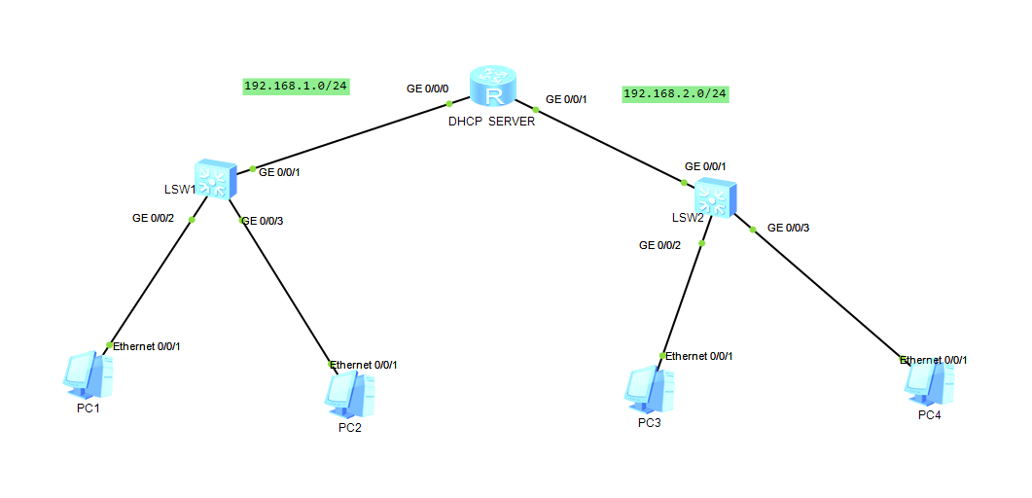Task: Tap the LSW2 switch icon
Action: tap(716, 197)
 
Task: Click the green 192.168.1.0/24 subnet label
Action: tap(296, 86)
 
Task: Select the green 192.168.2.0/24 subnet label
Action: tap(675, 93)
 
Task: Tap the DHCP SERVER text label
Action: tap(491, 122)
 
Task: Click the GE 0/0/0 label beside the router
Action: tap(428, 89)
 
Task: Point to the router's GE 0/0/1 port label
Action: tap(566, 99)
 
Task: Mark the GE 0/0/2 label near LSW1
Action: tap(153, 218)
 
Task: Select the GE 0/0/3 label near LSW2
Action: tap(788, 228)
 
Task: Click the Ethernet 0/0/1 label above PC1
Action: tap(147, 346)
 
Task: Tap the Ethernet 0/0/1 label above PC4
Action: tap(934, 360)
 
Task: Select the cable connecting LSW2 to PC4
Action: tap(827, 292)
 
